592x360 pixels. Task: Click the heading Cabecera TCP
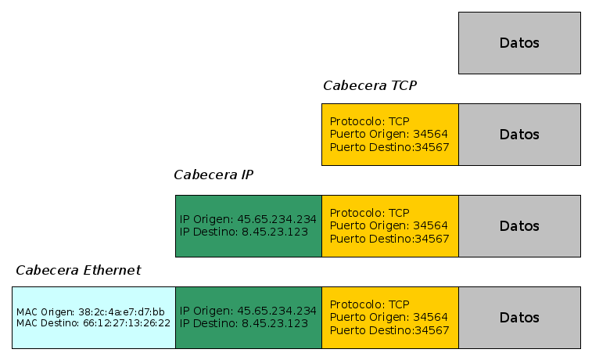369,85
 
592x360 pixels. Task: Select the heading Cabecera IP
213,175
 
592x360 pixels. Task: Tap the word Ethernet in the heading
111,270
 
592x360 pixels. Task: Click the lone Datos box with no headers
519,43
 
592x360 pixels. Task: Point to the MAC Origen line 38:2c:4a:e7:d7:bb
90,312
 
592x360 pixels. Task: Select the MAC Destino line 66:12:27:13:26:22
93,323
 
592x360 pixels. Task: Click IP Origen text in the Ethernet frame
248,311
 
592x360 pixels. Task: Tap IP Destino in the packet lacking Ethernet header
244,232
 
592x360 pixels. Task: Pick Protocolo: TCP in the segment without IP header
369,121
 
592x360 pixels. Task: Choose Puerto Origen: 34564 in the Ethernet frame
389,317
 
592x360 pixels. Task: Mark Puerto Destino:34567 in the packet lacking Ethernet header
389,239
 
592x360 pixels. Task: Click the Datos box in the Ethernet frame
519,318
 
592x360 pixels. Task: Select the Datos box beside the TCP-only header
519,135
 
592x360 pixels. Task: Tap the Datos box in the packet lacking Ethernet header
519,226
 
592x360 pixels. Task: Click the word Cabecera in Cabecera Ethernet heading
46,270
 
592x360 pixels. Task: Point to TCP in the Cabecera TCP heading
403,85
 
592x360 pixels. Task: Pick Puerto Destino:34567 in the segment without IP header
389,147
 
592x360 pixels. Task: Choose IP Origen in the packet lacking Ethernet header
248,220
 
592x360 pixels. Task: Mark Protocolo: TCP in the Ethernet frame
369,304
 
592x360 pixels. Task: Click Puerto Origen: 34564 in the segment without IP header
389,134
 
